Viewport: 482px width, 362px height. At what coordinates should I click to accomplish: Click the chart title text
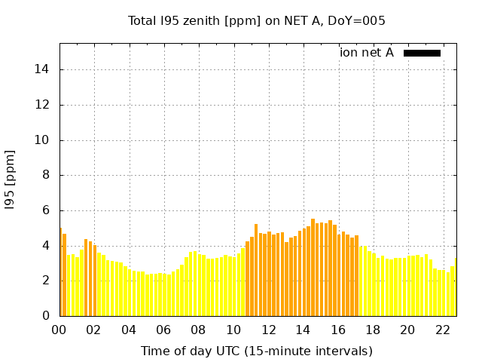pyautogui.click(x=257, y=20)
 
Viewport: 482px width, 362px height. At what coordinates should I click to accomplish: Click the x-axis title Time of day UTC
pyautogui.click(x=256, y=351)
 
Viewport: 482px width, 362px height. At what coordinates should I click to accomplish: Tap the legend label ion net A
pyautogui.click(x=367, y=53)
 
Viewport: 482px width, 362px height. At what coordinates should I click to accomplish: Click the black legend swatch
pyautogui.click(x=422, y=53)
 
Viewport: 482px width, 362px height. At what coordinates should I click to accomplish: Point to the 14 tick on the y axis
pyautogui.click(x=44, y=70)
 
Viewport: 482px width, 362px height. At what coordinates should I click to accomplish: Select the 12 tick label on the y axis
pyautogui.click(x=44, y=105)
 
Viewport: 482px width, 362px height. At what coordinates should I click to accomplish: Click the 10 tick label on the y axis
pyautogui.click(x=44, y=140)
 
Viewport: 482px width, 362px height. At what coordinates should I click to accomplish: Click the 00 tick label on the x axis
pyautogui.click(x=59, y=330)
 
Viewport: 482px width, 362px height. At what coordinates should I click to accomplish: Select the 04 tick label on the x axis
pyautogui.click(x=129, y=330)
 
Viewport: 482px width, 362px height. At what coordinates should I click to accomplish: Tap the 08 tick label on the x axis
pyautogui.click(x=198, y=330)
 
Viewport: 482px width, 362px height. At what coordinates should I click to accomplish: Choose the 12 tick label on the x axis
pyautogui.click(x=268, y=330)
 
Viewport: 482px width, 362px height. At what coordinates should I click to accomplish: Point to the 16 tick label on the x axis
pyautogui.click(x=337, y=330)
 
